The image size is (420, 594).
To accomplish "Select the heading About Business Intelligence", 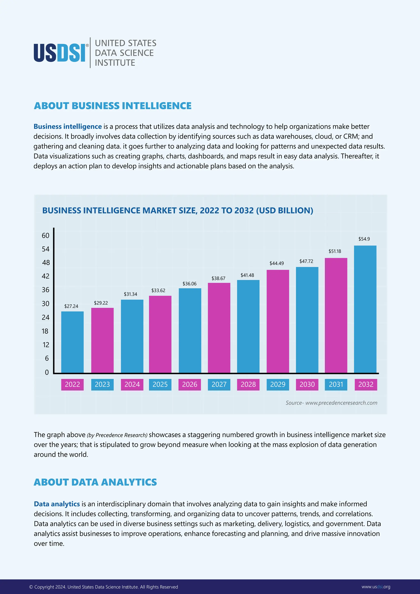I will [x=113, y=106].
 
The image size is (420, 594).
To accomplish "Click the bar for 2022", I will [x=72, y=342].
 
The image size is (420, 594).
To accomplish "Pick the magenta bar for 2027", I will [x=219, y=328].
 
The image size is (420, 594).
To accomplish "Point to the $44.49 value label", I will [x=276, y=263].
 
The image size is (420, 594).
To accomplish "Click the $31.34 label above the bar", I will [x=130, y=294].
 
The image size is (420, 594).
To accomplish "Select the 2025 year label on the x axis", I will [x=160, y=384].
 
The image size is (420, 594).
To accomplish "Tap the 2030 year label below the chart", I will [x=307, y=384].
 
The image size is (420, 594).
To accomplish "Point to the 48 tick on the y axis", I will [x=46, y=263].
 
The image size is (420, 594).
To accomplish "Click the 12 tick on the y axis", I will [x=46, y=345].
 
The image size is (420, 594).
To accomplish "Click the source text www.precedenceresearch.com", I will [x=331, y=403].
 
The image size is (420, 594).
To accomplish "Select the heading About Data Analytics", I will [x=95, y=482].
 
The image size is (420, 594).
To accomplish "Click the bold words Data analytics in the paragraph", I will [x=57, y=504].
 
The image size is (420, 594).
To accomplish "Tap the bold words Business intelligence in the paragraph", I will [x=67, y=127].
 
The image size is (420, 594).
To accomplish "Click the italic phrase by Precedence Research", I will [x=117, y=435].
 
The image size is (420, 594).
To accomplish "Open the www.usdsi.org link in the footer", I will [x=375, y=587].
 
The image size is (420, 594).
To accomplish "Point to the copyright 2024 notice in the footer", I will [x=103, y=587].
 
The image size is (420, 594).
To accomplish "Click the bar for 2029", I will [x=278, y=321].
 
